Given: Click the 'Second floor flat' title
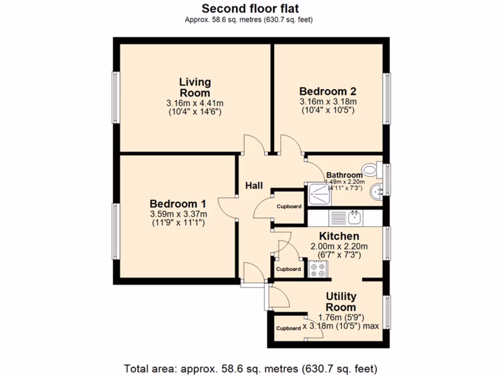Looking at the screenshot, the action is (x=250, y=8).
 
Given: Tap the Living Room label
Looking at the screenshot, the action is (x=195, y=87).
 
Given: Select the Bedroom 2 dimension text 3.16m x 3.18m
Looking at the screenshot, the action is (x=328, y=102).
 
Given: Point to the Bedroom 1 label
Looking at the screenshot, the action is (x=177, y=204).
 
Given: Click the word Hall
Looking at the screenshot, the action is (x=254, y=186).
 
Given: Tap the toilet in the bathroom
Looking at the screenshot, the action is (x=372, y=169).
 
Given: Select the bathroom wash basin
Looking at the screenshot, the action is (x=376, y=192).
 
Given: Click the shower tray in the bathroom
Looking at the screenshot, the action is (x=319, y=194).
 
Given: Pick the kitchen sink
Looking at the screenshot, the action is (x=354, y=217).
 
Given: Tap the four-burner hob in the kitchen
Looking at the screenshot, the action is (x=318, y=269).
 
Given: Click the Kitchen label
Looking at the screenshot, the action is (x=339, y=236).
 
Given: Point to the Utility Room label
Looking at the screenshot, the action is (x=341, y=302).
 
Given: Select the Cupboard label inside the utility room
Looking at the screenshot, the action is (x=288, y=329).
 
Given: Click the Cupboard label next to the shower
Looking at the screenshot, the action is (x=289, y=207).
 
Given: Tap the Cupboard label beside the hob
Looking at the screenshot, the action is (x=288, y=269).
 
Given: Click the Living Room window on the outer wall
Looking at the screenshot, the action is (x=116, y=97).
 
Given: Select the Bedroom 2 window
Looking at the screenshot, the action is (x=387, y=98).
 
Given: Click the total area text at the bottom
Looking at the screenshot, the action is (x=251, y=369).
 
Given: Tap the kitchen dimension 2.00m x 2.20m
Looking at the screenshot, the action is (x=339, y=247).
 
